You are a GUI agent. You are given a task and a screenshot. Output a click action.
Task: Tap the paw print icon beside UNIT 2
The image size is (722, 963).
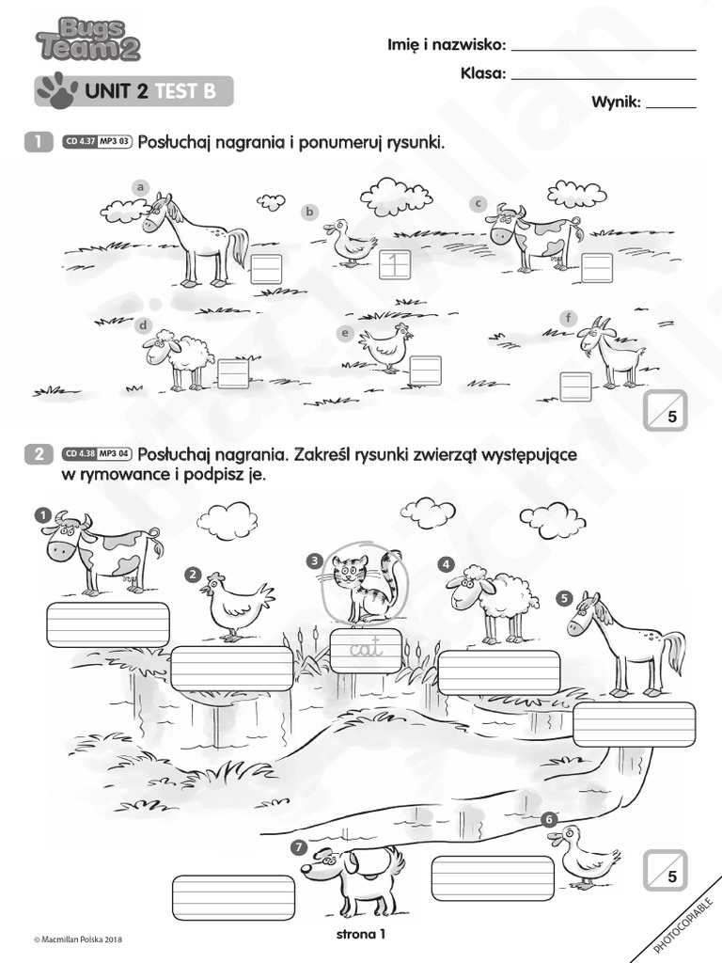coord(58,90)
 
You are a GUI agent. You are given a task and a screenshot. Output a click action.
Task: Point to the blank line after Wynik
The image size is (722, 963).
coord(671,107)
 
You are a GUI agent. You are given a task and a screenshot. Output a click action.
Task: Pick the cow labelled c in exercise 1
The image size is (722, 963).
coord(528,236)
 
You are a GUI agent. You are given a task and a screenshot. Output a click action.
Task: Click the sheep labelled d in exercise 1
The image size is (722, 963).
coord(179,358)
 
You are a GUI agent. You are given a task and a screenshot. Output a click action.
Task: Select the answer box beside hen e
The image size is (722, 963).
coord(425,368)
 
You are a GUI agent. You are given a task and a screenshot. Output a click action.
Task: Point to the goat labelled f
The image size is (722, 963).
coord(611,353)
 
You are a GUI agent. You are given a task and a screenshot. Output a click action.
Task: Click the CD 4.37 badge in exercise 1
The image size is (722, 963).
coord(80,143)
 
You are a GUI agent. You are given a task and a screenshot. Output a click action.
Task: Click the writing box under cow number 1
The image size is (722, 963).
coord(107,624)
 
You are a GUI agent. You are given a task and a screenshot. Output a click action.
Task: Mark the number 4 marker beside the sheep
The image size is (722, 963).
coord(446,564)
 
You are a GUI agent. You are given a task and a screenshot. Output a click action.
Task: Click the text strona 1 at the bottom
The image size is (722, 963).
coord(361,934)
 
